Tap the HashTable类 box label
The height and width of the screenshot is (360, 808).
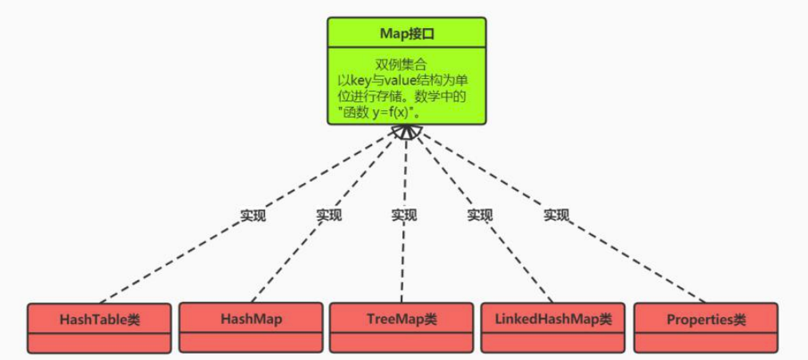pyautogui.click(x=99, y=320)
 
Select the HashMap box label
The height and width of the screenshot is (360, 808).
pyautogui.click(x=251, y=318)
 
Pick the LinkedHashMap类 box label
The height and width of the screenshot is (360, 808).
pyautogui.click(x=553, y=318)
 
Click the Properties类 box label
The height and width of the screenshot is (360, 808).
pyautogui.click(x=706, y=320)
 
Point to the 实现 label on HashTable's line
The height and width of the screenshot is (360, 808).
pyautogui.click(x=253, y=216)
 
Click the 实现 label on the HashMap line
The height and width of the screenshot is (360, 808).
pyautogui.click(x=328, y=215)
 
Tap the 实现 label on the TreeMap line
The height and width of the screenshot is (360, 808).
pyautogui.click(x=403, y=215)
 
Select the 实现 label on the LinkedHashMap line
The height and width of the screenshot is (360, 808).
pyautogui.click(x=480, y=215)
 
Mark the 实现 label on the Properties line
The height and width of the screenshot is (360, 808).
pyautogui.click(x=556, y=215)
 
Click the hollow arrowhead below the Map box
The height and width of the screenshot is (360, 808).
pyautogui.click(x=406, y=132)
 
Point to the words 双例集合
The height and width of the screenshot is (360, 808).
pyautogui.click(x=406, y=65)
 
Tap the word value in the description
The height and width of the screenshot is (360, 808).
pyautogui.click(x=396, y=81)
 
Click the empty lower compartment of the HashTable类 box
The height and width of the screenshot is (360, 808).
pyautogui.click(x=99, y=343)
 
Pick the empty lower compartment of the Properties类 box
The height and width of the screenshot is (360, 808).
pyautogui.click(x=706, y=343)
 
